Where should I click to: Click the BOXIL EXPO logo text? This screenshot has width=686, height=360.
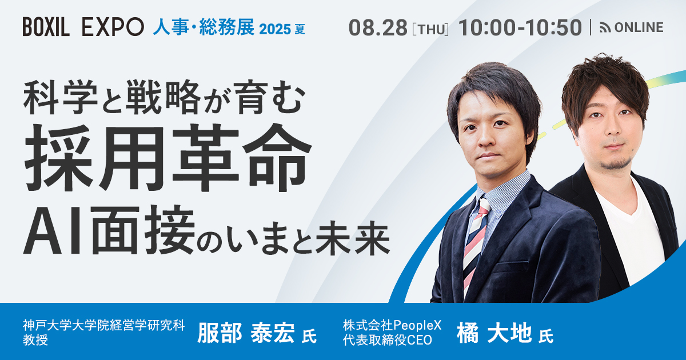coord(83,27)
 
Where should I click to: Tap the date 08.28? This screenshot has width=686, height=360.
coord(378,27)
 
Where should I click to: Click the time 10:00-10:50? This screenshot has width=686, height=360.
coord(520,27)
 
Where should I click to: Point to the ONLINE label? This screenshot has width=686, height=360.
coord(639,27)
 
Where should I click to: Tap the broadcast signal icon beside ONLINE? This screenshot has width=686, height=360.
coord(605,27)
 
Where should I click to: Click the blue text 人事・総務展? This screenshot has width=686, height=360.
coord(204,27)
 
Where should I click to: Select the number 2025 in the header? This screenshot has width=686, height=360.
coord(275,29)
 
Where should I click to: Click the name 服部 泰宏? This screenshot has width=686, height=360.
coord(246,333)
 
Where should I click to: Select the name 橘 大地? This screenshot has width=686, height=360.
coord(494,333)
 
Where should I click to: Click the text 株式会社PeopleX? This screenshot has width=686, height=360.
coord(392,325)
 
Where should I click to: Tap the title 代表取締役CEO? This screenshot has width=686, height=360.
coord(388,340)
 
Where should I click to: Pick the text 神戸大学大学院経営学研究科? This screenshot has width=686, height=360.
coord(103,325)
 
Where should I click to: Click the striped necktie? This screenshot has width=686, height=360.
coord(475,245)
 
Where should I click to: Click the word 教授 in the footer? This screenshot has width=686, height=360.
coord(35,340)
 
